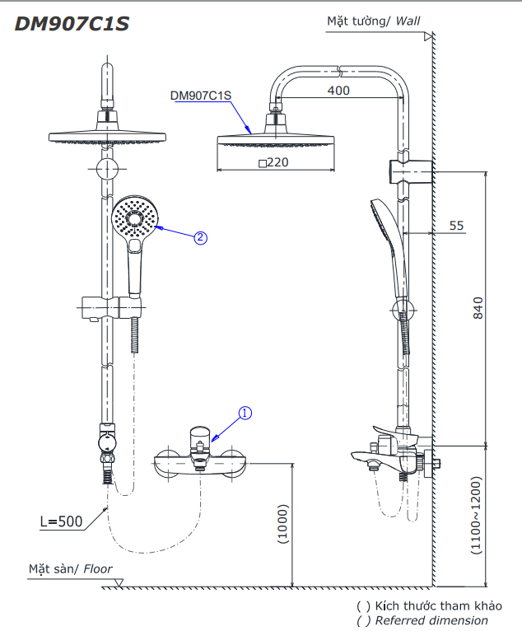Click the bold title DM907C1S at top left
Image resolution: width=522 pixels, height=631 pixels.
tap(72, 24)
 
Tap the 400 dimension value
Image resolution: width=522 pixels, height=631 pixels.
tap(338, 90)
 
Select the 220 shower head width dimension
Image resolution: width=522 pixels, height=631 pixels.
tap(273, 162)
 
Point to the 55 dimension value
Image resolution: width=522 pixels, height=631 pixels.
tap(456, 226)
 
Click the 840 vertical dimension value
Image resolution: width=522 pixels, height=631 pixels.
tap(478, 308)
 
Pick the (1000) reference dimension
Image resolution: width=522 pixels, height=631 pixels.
tap(283, 524)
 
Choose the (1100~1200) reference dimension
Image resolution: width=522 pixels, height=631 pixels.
tap(476, 516)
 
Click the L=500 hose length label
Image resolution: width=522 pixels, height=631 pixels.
tap(61, 521)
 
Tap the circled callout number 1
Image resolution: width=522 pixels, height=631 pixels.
tap(245, 413)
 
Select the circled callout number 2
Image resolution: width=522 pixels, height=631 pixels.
tap(201, 238)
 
